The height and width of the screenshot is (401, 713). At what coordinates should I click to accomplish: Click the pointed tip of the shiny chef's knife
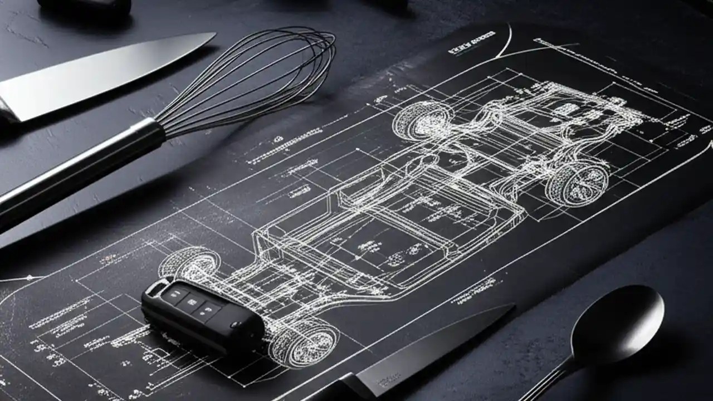click(x=213, y=35)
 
